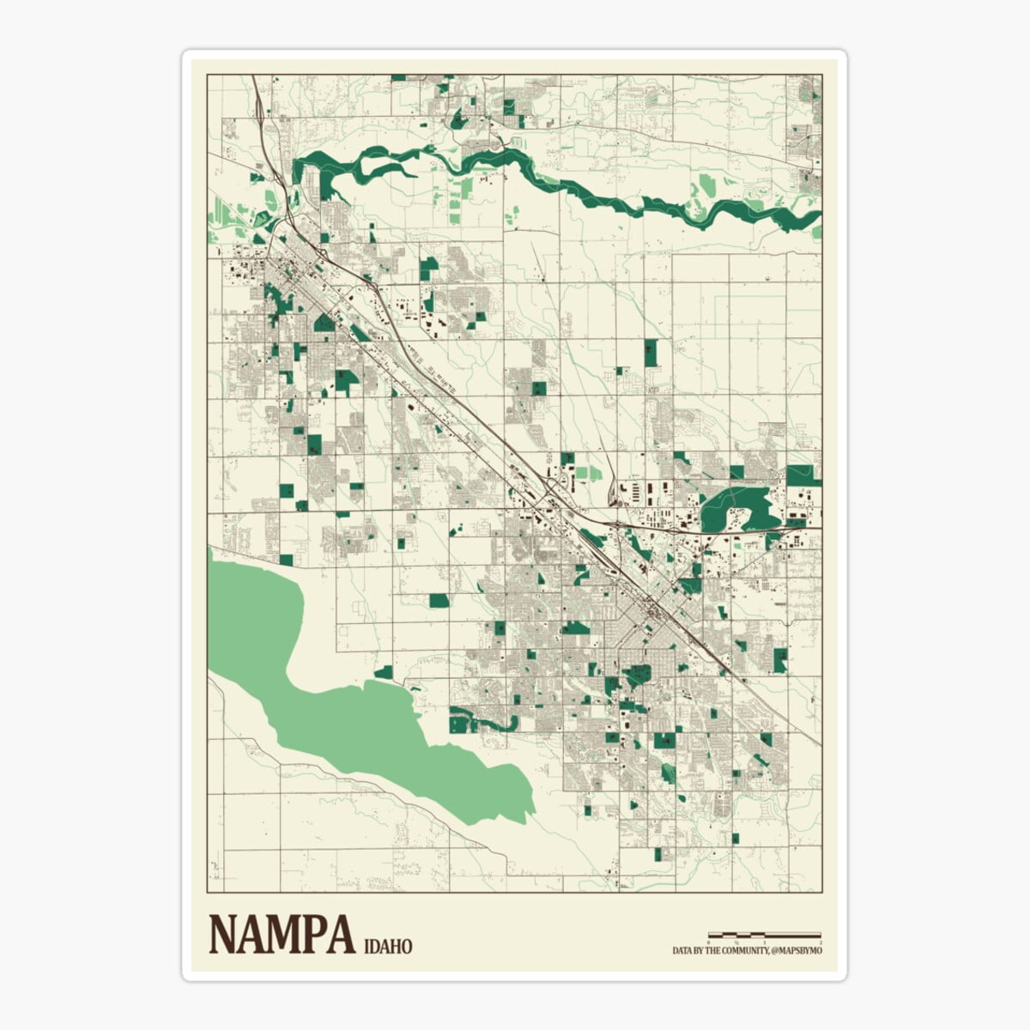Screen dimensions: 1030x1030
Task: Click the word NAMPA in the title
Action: pos(282,936)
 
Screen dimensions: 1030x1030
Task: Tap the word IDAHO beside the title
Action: pos(388,946)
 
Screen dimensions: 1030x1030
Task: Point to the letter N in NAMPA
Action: pos(225,936)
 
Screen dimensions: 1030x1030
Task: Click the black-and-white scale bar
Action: pos(765,935)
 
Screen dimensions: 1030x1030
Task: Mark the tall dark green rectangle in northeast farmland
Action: pos(651,352)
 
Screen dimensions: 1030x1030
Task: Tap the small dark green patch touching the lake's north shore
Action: pos(384,671)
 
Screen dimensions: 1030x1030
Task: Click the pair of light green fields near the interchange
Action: pos(588,472)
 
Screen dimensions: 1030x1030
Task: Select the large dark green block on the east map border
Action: pos(803,475)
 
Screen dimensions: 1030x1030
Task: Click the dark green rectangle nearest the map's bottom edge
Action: pos(658,854)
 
